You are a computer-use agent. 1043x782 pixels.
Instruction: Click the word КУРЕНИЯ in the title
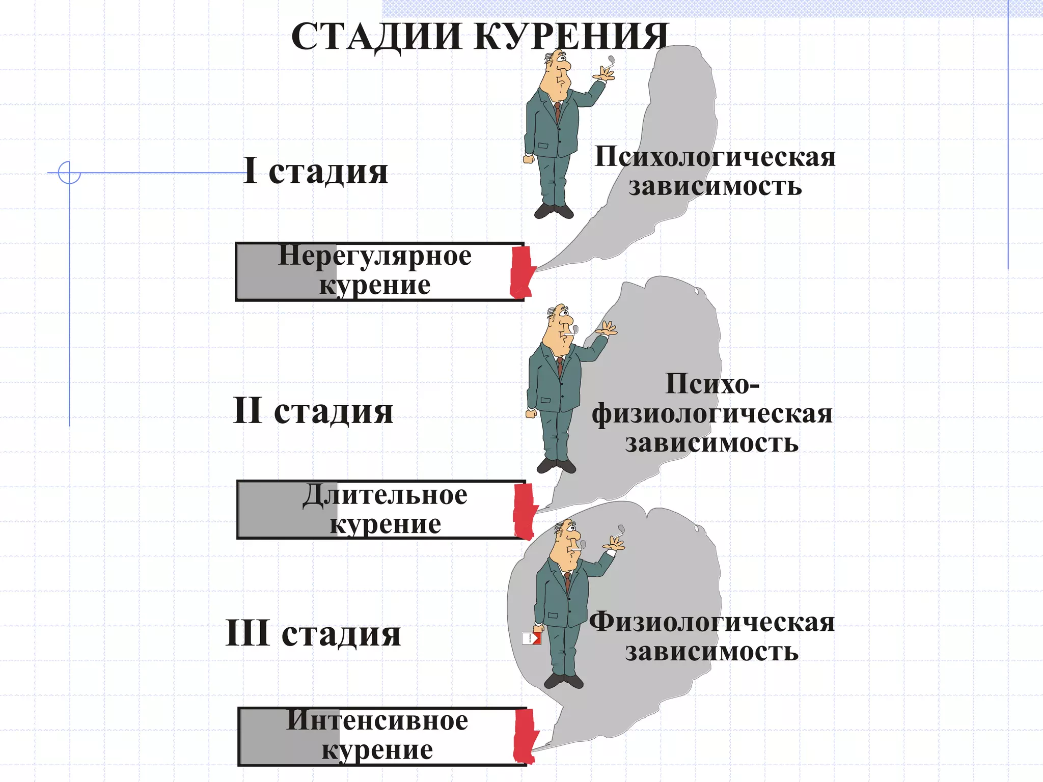pyautogui.click(x=573, y=37)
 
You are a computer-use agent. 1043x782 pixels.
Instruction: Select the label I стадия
pyautogui.click(x=316, y=171)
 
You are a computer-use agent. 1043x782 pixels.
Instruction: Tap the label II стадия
pyautogui.click(x=313, y=411)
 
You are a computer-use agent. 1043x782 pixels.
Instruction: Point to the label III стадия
pyautogui.click(x=313, y=633)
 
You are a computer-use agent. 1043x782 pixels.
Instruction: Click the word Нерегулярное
pyautogui.click(x=375, y=256)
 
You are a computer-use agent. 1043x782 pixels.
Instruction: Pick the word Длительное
pyautogui.click(x=385, y=495)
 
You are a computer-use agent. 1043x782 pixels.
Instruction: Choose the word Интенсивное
pyautogui.click(x=377, y=720)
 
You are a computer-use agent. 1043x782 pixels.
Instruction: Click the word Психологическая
pyautogui.click(x=715, y=156)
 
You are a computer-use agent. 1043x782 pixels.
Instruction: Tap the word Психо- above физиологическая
pyautogui.click(x=712, y=384)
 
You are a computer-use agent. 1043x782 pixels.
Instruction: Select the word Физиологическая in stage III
pyautogui.click(x=712, y=622)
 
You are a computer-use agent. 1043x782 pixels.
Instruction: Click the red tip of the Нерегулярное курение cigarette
pyautogui.click(x=521, y=272)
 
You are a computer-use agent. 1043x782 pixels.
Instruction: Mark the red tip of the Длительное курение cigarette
pyautogui.click(x=525, y=511)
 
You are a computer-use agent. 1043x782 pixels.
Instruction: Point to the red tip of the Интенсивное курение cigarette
pyautogui.click(x=525, y=736)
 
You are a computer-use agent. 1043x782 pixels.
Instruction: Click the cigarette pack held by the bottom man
pyautogui.click(x=532, y=638)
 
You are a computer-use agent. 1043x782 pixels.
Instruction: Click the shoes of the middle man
pyautogui.click(x=556, y=465)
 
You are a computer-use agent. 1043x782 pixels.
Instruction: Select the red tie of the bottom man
pyautogui.click(x=567, y=581)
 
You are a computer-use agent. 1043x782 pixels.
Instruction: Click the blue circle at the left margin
pyautogui.click(x=69, y=172)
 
